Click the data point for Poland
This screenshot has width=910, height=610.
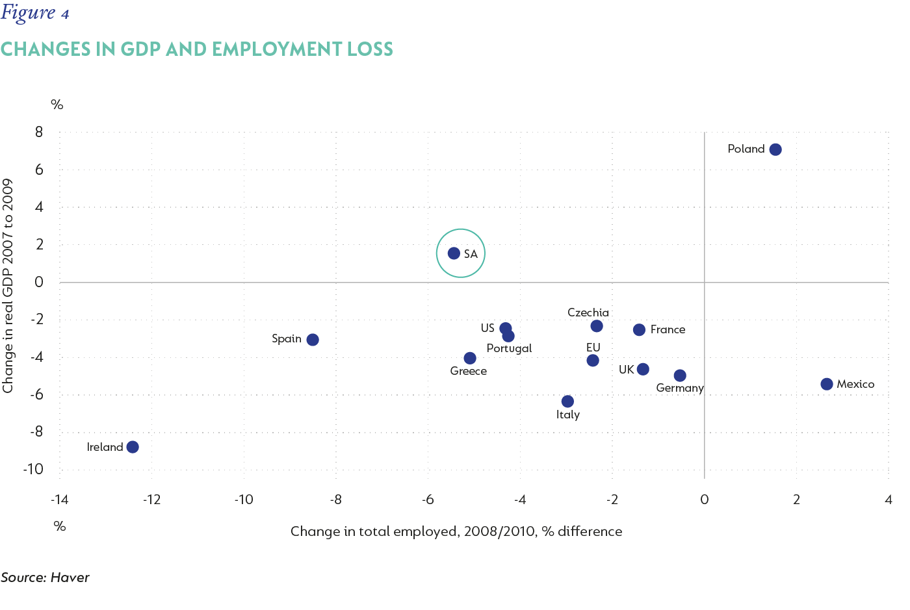(x=775, y=149)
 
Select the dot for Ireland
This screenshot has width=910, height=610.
(x=133, y=447)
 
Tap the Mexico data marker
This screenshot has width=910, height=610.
(x=827, y=384)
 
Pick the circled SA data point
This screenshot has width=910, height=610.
(x=454, y=253)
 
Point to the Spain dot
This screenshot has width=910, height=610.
(x=313, y=340)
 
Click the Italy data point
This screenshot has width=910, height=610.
(x=567, y=401)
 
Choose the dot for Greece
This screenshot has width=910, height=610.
(x=470, y=358)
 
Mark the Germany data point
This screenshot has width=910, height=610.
(x=680, y=375)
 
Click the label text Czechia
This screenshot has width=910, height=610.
(x=588, y=312)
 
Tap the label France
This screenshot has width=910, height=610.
(x=668, y=329)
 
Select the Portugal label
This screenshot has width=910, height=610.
(x=509, y=348)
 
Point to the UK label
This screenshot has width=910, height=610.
(x=626, y=370)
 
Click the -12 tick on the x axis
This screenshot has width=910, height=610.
(x=151, y=500)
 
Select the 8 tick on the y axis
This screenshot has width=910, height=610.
(x=39, y=132)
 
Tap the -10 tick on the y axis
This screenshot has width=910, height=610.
(x=33, y=469)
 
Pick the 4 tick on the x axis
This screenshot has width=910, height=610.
(x=889, y=500)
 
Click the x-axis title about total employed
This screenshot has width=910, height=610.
(x=456, y=531)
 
